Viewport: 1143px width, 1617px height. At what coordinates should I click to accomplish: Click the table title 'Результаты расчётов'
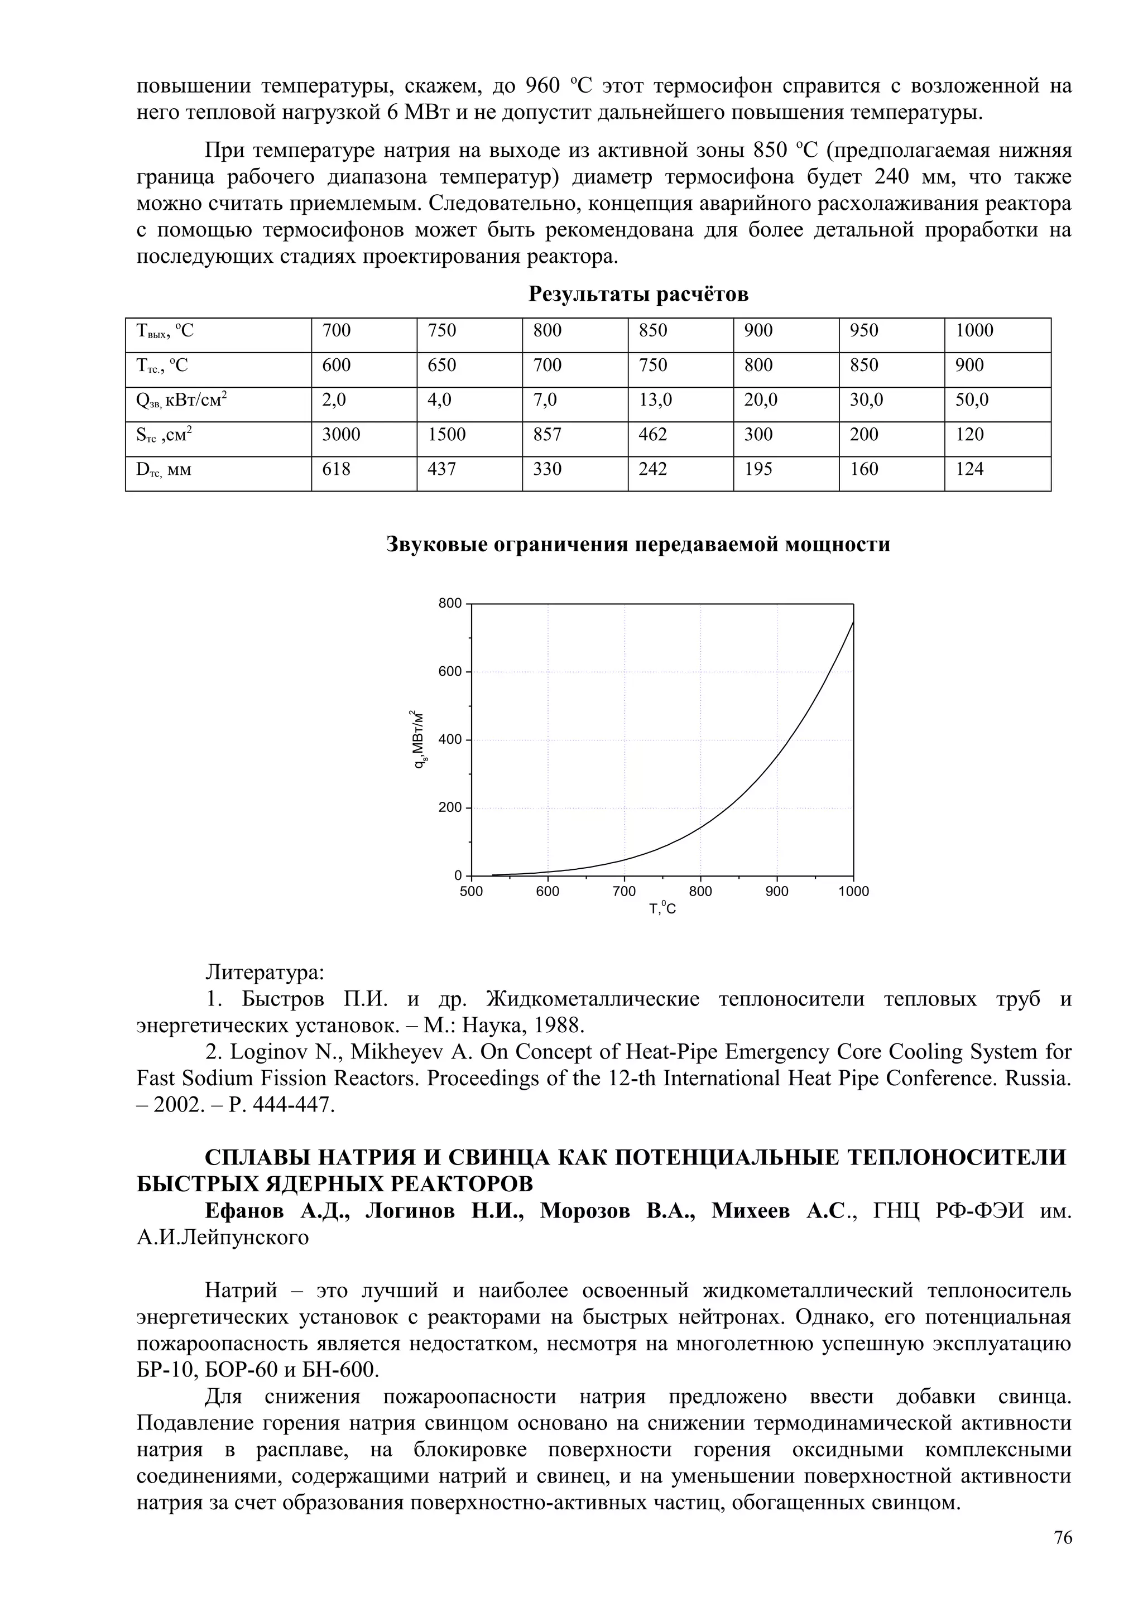click(x=638, y=295)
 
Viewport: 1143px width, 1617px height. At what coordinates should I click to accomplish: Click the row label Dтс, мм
click(x=164, y=470)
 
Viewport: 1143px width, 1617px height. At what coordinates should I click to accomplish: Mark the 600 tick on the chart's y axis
click(x=452, y=672)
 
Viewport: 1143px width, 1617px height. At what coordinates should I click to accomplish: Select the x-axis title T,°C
click(x=662, y=909)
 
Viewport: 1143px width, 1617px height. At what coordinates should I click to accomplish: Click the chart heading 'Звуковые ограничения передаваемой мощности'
click(x=638, y=545)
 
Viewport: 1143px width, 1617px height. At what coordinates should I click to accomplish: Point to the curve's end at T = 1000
click(x=853, y=623)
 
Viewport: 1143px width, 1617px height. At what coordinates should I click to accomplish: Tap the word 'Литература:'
click(x=265, y=973)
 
